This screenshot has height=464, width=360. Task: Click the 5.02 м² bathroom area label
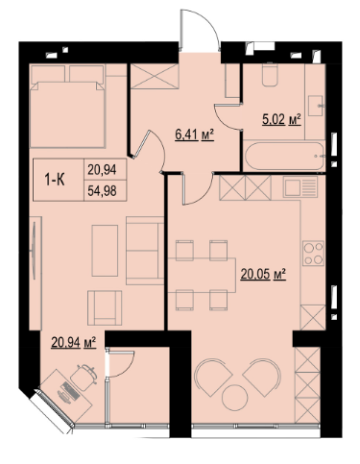(x=281, y=120)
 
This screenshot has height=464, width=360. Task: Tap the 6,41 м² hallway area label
(x=194, y=135)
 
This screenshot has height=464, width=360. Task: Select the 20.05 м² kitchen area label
(x=263, y=274)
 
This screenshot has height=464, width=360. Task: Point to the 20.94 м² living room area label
(x=74, y=343)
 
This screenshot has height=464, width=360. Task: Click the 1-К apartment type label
(x=55, y=181)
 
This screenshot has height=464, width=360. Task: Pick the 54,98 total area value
(x=102, y=191)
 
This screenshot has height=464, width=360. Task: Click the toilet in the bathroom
(x=270, y=75)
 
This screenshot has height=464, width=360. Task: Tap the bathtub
(x=284, y=156)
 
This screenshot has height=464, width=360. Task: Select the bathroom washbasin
(x=317, y=106)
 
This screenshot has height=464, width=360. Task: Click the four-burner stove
(x=313, y=254)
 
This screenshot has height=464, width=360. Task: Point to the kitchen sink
(x=300, y=186)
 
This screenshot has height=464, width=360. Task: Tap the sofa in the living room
(x=145, y=251)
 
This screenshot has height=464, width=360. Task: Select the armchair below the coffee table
(x=105, y=307)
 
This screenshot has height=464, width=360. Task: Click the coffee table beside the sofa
(x=105, y=251)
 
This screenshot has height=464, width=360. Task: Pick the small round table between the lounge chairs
(x=234, y=398)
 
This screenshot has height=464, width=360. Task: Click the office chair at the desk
(x=84, y=377)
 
